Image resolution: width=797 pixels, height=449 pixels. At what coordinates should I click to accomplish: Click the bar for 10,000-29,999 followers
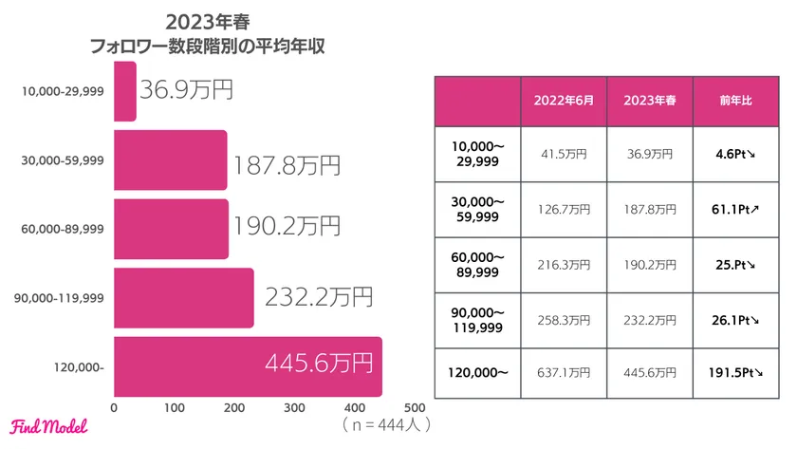coord(125,91)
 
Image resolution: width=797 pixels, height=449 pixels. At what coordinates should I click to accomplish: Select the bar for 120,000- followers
coord(248,366)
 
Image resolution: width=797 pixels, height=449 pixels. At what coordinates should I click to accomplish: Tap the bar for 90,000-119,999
coord(183,298)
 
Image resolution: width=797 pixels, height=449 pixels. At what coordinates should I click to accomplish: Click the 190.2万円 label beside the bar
coord(286,227)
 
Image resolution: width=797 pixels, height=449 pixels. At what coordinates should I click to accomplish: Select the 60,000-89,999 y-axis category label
coord(63,230)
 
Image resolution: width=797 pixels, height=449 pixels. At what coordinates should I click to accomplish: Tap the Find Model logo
coord(48,427)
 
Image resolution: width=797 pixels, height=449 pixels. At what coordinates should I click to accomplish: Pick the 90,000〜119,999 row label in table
coord(477,317)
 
